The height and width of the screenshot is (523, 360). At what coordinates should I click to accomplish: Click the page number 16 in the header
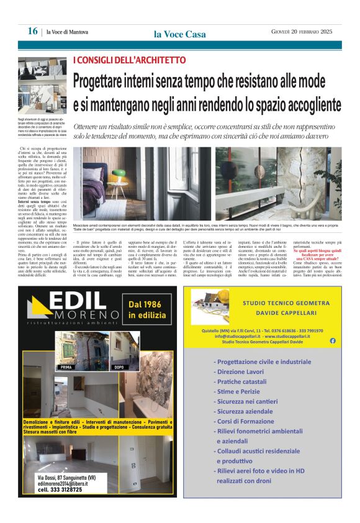[x=32, y=32]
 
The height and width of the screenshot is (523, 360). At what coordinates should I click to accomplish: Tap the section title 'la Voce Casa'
[x=179, y=34]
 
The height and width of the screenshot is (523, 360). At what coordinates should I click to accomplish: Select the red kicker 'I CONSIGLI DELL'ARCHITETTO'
[x=129, y=60]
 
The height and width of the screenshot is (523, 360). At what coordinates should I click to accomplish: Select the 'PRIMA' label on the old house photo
[x=65, y=367]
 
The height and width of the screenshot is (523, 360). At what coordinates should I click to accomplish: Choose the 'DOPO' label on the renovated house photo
[x=119, y=367]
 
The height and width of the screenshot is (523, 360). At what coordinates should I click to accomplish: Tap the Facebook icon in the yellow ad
[x=333, y=340]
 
